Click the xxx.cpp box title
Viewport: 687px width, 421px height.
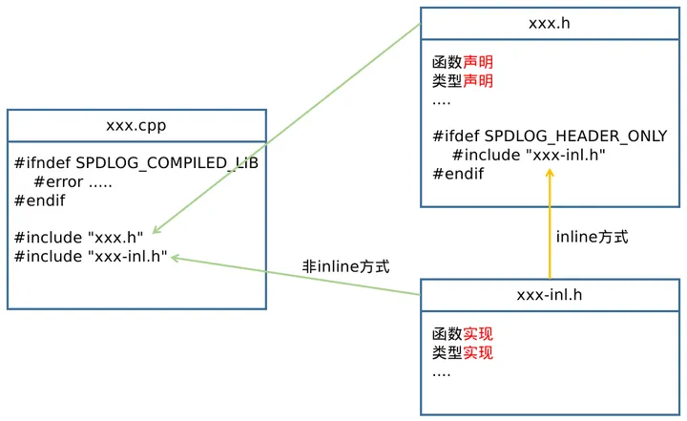(x=136, y=125)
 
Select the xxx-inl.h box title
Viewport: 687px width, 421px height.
(x=550, y=294)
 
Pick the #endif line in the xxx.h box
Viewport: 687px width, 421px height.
(x=458, y=174)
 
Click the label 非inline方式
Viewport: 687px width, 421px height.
(x=346, y=268)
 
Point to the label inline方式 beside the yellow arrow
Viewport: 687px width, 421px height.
(x=592, y=237)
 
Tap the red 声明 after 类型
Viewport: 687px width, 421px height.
(x=478, y=81)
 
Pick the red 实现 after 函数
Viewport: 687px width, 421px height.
(x=478, y=334)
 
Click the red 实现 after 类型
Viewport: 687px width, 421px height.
(x=478, y=353)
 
